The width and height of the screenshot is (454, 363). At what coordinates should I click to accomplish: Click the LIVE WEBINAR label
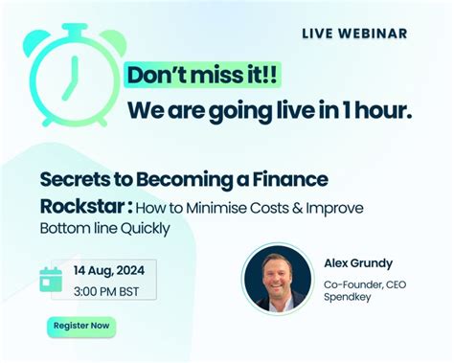click(354, 34)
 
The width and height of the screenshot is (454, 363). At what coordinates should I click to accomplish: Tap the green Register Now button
click(81, 326)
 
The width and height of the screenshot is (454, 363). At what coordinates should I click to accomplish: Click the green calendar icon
click(51, 279)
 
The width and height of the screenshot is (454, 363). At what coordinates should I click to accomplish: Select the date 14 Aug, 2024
click(110, 270)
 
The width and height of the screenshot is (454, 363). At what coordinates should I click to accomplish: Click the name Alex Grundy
click(357, 263)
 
